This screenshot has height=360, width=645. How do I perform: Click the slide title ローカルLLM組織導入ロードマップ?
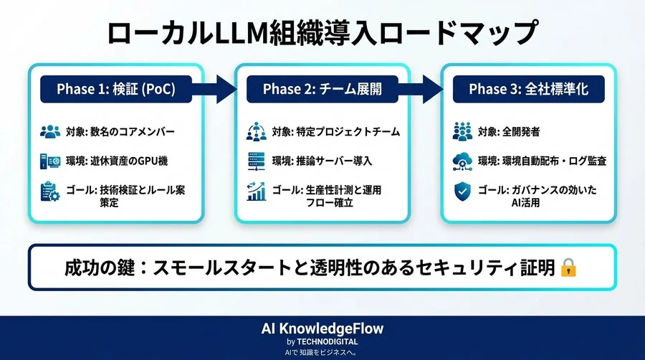pos(322,33)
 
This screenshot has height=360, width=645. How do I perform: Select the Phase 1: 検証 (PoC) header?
pos(116,90)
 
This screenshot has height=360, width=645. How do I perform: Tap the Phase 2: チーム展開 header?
pos(322,90)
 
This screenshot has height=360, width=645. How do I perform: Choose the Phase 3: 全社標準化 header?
pos(527,90)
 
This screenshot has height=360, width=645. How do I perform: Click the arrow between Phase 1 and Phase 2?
pos(218,90)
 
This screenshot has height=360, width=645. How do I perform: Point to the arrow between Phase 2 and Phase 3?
pos(424,90)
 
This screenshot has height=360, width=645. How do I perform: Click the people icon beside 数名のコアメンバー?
pos(50,132)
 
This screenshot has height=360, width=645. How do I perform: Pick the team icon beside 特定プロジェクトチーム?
pos(256,132)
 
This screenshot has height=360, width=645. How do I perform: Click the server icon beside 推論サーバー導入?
pos(256,161)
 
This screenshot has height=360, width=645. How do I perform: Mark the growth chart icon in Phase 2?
pos(256,192)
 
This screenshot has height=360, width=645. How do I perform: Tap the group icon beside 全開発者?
pos(462,132)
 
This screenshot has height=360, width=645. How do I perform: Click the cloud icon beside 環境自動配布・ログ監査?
pos(462,161)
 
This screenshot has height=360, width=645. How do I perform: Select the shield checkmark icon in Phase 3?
pos(462,191)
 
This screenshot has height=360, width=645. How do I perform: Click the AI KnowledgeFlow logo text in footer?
pos(322,328)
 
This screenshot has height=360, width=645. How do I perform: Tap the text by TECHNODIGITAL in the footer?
pos(322,341)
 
